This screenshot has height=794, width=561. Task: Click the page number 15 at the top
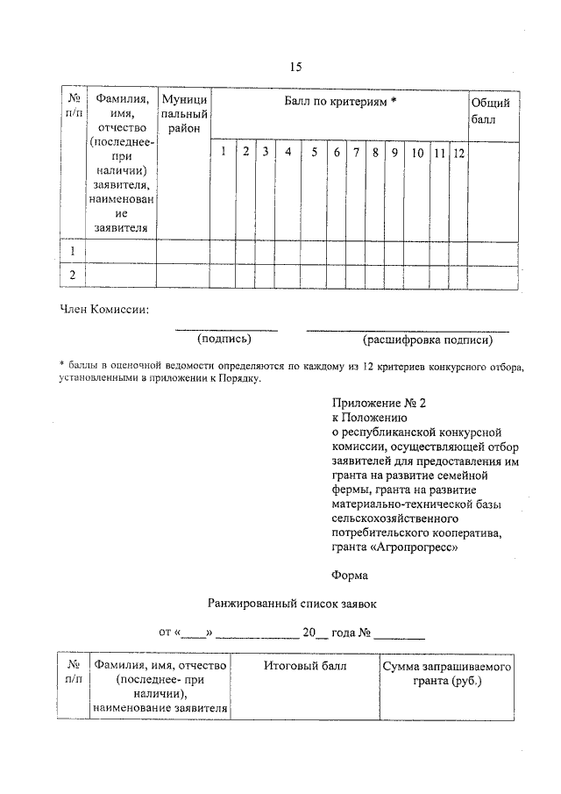295,67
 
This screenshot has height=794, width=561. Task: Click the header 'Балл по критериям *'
340,103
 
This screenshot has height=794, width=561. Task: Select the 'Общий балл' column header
489,111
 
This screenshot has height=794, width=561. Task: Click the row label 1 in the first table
73,251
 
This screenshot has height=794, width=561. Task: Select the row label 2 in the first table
73,275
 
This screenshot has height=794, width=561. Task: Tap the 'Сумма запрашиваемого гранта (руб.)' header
445,674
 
